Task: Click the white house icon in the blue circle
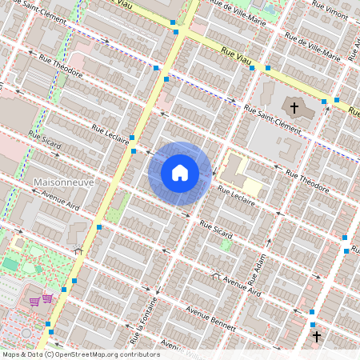(x=180, y=173)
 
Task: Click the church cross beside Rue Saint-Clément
(x=294, y=107)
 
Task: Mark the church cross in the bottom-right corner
(x=317, y=338)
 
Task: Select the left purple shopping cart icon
(x=34, y=301)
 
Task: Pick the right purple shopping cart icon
(x=47, y=298)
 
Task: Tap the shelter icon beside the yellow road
(x=78, y=250)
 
